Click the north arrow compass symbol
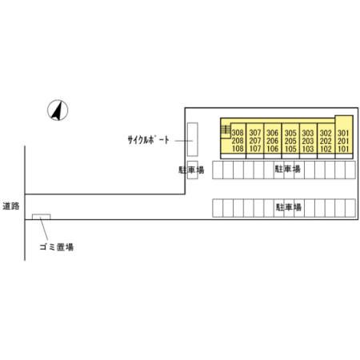pyautogui.click(x=58, y=110)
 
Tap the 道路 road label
pyautogui.click(x=11, y=206)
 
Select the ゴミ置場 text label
pyautogui.click(x=57, y=247)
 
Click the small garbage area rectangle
pyautogui.click(x=42, y=217)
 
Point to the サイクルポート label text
pyautogui.click(x=148, y=140)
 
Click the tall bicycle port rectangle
pyautogui.click(x=192, y=139)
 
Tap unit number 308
pyautogui.click(x=238, y=133)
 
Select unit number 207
pyautogui.click(x=255, y=141)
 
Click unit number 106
pyautogui.click(x=273, y=149)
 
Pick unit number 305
pyautogui.click(x=290, y=133)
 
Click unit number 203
pyautogui.click(x=308, y=141)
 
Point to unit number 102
pyautogui.click(x=326, y=149)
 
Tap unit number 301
pyautogui.click(x=343, y=133)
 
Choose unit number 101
pyautogui.click(x=343, y=149)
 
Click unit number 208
pyautogui.click(x=238, y=141)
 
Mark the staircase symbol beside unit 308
pyautogui.click(x=226, y=130)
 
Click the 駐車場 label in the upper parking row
pyautogui.click(x=288, y=169)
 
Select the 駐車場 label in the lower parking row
pyautogui.click(x=288, y=207)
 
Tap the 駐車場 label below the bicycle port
pyautogui.click(x=191, y=170)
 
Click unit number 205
pyautogui.click(x=290, y=141)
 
